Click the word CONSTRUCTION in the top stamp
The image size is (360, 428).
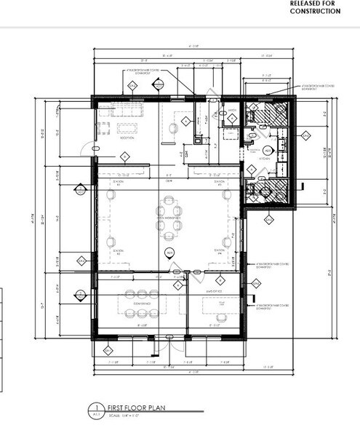coord(315,12)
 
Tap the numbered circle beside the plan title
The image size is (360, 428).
coord(93,409)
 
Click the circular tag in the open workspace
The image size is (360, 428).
coord(169,252)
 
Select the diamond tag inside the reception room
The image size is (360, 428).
coord(125,156)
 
